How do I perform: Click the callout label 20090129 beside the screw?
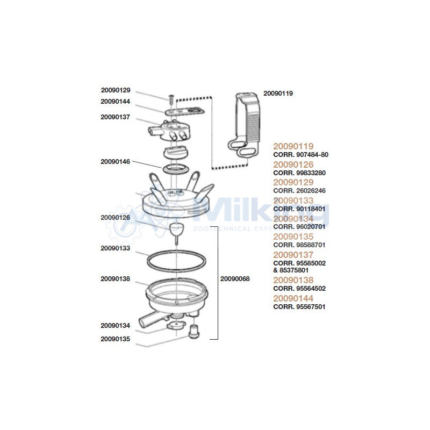(116, 90)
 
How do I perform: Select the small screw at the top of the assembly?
(171, 99)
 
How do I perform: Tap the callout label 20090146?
(115, 162)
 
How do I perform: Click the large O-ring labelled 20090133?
(177, 261)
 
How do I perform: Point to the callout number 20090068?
(235, 279)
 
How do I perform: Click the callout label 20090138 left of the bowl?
(115, 279)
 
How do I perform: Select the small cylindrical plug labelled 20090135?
(194, 332)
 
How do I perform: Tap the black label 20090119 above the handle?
(278, 94)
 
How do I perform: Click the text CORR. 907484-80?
(300, 155)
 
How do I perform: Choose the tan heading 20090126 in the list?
(293, 164)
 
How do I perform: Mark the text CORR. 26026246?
(299, 191)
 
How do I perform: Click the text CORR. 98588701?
(299, 245)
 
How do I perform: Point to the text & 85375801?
(291, 270)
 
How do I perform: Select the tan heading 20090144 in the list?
(293, 298)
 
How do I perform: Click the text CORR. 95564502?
(299, 289)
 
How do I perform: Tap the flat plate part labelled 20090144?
(185, 111)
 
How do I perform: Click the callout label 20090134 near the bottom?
(115, 326)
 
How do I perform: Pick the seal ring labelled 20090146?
(176, 169)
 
